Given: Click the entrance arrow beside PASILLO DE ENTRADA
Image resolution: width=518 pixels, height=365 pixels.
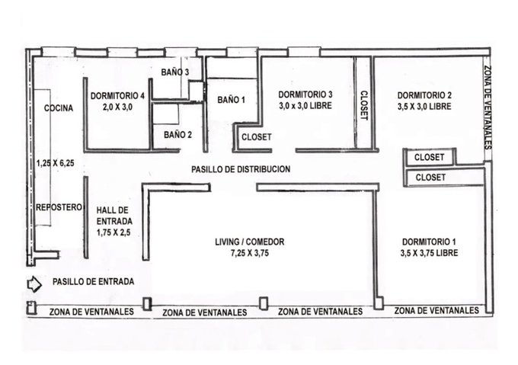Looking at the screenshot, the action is point(34,284).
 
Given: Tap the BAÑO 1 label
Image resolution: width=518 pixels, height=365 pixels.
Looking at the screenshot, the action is point(232,99).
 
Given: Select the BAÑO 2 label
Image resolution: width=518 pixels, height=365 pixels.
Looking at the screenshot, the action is point(177,135).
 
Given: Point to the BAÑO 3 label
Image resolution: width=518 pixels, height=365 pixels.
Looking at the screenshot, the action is point(175,72).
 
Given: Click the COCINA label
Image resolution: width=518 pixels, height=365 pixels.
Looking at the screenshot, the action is point(59,108).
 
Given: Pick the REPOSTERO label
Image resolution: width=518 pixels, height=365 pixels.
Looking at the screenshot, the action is point(59,207).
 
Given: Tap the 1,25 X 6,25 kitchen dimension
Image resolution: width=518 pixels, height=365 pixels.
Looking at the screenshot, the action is point(55,163).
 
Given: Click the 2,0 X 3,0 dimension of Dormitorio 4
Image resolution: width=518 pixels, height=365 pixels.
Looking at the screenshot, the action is point(117,107).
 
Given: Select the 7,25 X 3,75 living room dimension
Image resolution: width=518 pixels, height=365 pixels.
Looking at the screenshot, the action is point(250,253).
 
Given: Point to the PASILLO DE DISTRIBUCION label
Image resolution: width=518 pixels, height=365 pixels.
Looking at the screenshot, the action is point(241,169).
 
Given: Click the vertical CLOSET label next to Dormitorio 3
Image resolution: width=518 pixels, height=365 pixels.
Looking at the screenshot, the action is point(363,105).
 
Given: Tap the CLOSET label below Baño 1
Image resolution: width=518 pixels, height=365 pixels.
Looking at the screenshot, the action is point(257,136).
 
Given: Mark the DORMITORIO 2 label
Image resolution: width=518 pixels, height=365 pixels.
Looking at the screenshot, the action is point(424,95).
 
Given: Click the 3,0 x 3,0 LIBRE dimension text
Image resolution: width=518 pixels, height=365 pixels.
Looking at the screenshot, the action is point(305,106).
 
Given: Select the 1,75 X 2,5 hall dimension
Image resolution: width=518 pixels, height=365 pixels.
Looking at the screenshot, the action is point(114,232).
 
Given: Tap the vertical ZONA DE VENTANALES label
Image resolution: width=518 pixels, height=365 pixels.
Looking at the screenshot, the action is point(488,107).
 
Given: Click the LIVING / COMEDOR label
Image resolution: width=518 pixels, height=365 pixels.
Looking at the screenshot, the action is point(250,242).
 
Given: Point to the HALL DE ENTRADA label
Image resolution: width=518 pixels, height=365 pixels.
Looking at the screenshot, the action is point(114,216).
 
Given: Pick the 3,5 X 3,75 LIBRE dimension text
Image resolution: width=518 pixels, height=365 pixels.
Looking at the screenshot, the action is point(429,253).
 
